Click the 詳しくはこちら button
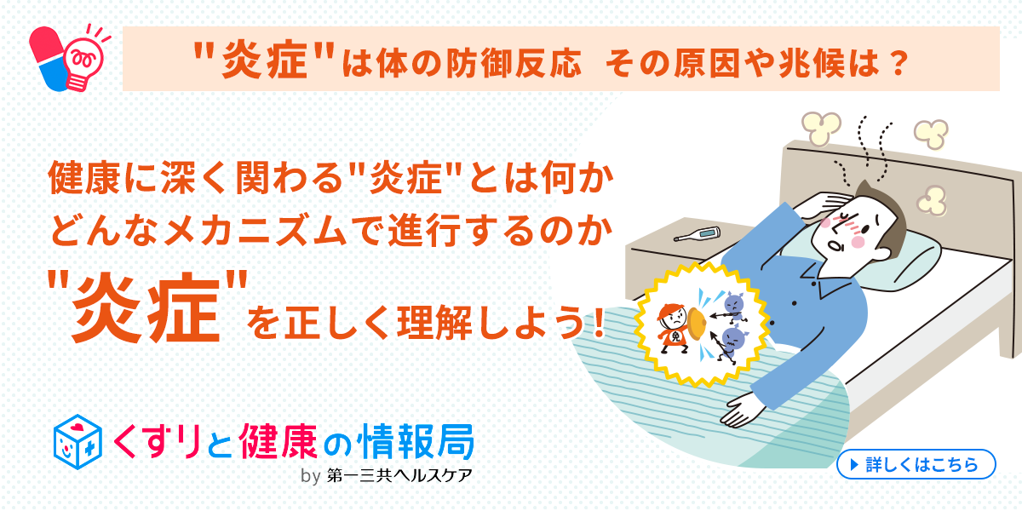916,464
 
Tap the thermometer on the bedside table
698,234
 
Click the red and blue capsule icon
48,59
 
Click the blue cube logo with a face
78,442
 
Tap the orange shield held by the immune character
697,324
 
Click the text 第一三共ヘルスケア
399,476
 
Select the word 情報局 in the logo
416,442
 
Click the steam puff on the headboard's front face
931,201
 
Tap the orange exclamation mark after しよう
599,323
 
